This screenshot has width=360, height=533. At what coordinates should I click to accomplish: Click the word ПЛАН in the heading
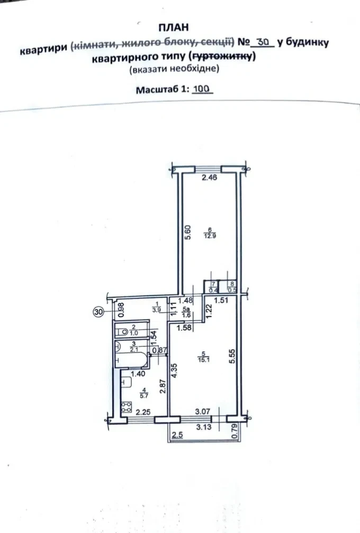click(173, 28)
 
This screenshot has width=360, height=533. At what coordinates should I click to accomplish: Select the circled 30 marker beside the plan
click(98, 312)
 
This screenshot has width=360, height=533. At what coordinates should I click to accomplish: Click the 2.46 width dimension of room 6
click(210, 177)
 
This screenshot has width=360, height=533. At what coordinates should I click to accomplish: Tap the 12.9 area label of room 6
click(210, 236)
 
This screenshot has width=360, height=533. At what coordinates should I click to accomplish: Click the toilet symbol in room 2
click(123, 331)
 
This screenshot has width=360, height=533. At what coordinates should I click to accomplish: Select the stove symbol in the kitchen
click(127, 407)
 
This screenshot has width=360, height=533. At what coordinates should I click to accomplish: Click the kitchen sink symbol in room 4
click(126, 383)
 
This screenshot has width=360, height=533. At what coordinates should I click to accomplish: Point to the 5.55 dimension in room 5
click(232, 356)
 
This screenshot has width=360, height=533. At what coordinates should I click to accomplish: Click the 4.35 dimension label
click(174, 371)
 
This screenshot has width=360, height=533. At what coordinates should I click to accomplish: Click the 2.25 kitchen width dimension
click(143, 412)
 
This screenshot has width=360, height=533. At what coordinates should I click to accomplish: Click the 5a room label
click(186, 309)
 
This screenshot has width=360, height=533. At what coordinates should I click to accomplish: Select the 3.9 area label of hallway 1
click(157, 310)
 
